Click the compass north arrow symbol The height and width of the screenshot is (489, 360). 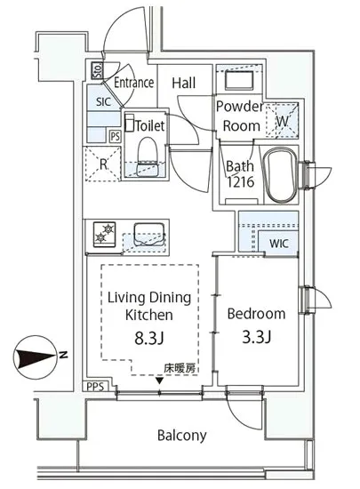(x=36, y=357)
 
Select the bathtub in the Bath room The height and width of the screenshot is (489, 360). (x=279, y=175)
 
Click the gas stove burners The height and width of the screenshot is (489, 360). (x=104, y=234)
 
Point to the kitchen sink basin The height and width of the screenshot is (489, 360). (x=149, y=235)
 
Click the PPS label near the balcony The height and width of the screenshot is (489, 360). (x=95, y=387)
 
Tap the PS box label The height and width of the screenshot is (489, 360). (x=116, y=137)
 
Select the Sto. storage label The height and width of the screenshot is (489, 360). (x=98, y=70)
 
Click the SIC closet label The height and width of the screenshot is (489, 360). (x=103, y=101)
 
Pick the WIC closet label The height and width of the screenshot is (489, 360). (x=279, y=244)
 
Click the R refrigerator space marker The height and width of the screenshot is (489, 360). (x=103, y=164)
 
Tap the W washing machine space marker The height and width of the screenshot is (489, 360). (x=283, y=120)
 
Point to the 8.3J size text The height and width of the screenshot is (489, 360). (x=149, y=338)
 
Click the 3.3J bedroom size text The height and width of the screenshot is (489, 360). (x=257, y=336)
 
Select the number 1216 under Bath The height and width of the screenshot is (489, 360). (x=240, y=181)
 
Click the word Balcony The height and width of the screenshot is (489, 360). (x=182, y=436)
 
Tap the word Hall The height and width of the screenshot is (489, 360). (x=184, y=83)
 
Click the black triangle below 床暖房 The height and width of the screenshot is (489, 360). (x=160, y=381)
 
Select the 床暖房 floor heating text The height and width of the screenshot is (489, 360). (x=180, y=368)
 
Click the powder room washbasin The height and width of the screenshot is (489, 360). (x=239, y=80)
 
